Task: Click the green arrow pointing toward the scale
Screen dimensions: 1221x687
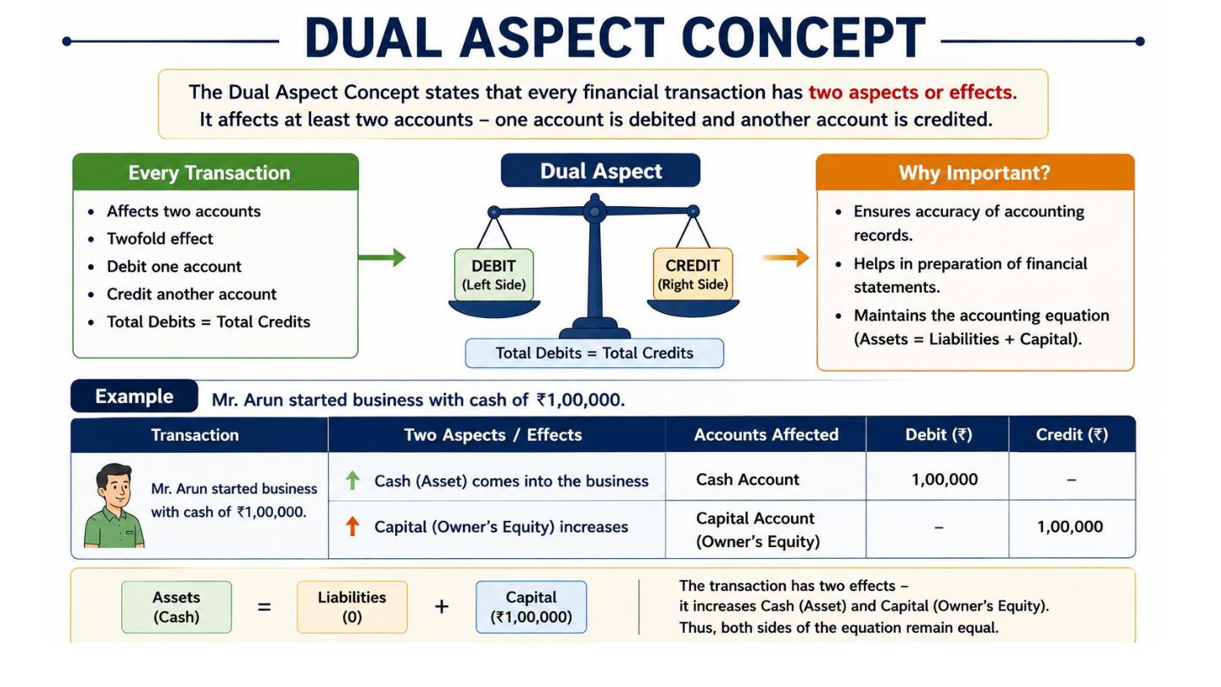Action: pyautogui.click(x=382, y=257)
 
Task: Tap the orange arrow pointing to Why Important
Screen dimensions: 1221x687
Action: pyautogui.click(x=785, y=257)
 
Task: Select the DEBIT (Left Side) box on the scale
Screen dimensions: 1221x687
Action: pyautogui.click(x=493, y=275)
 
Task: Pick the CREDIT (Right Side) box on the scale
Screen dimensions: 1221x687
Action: pyautogui.click(x=693, y=274)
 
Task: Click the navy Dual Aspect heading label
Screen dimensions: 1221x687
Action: pyautogui.click(x=600, y=170)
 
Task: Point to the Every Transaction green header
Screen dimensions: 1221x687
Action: pyautogui.click(x=215, y=172)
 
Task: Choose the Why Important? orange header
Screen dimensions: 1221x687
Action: pyautogui.click(x=975, y=172)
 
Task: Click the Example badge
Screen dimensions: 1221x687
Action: pyautogui.click(x=134, y=396)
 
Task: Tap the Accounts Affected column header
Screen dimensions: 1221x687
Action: pyautogui.click(x=766, y=434)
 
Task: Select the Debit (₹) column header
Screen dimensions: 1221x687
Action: pyautogui.click(x=938, y=434)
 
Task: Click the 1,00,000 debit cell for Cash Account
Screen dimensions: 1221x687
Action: pyautogui.click(x=944, y=479)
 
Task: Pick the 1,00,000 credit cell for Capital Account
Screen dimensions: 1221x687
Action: pyautogui.click(x=1070, y=527)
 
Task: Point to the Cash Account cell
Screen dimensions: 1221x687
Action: pyautogui.click(x=747, y=479)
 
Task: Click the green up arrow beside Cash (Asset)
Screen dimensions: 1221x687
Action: pyautogui.click(x=353, y=480)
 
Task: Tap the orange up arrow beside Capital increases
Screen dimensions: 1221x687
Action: pyautogui.click(x=353, y=526)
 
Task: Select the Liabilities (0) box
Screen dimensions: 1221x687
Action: pyautogui.click(x=352, y=607)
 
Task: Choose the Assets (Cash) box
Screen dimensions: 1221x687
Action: pyautogui.click(x=176, y=607)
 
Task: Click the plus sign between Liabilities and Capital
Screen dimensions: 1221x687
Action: pyautogui.click(x=442, y=607)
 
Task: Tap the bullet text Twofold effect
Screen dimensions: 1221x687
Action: pyautogui.click(x=159, y=239)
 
